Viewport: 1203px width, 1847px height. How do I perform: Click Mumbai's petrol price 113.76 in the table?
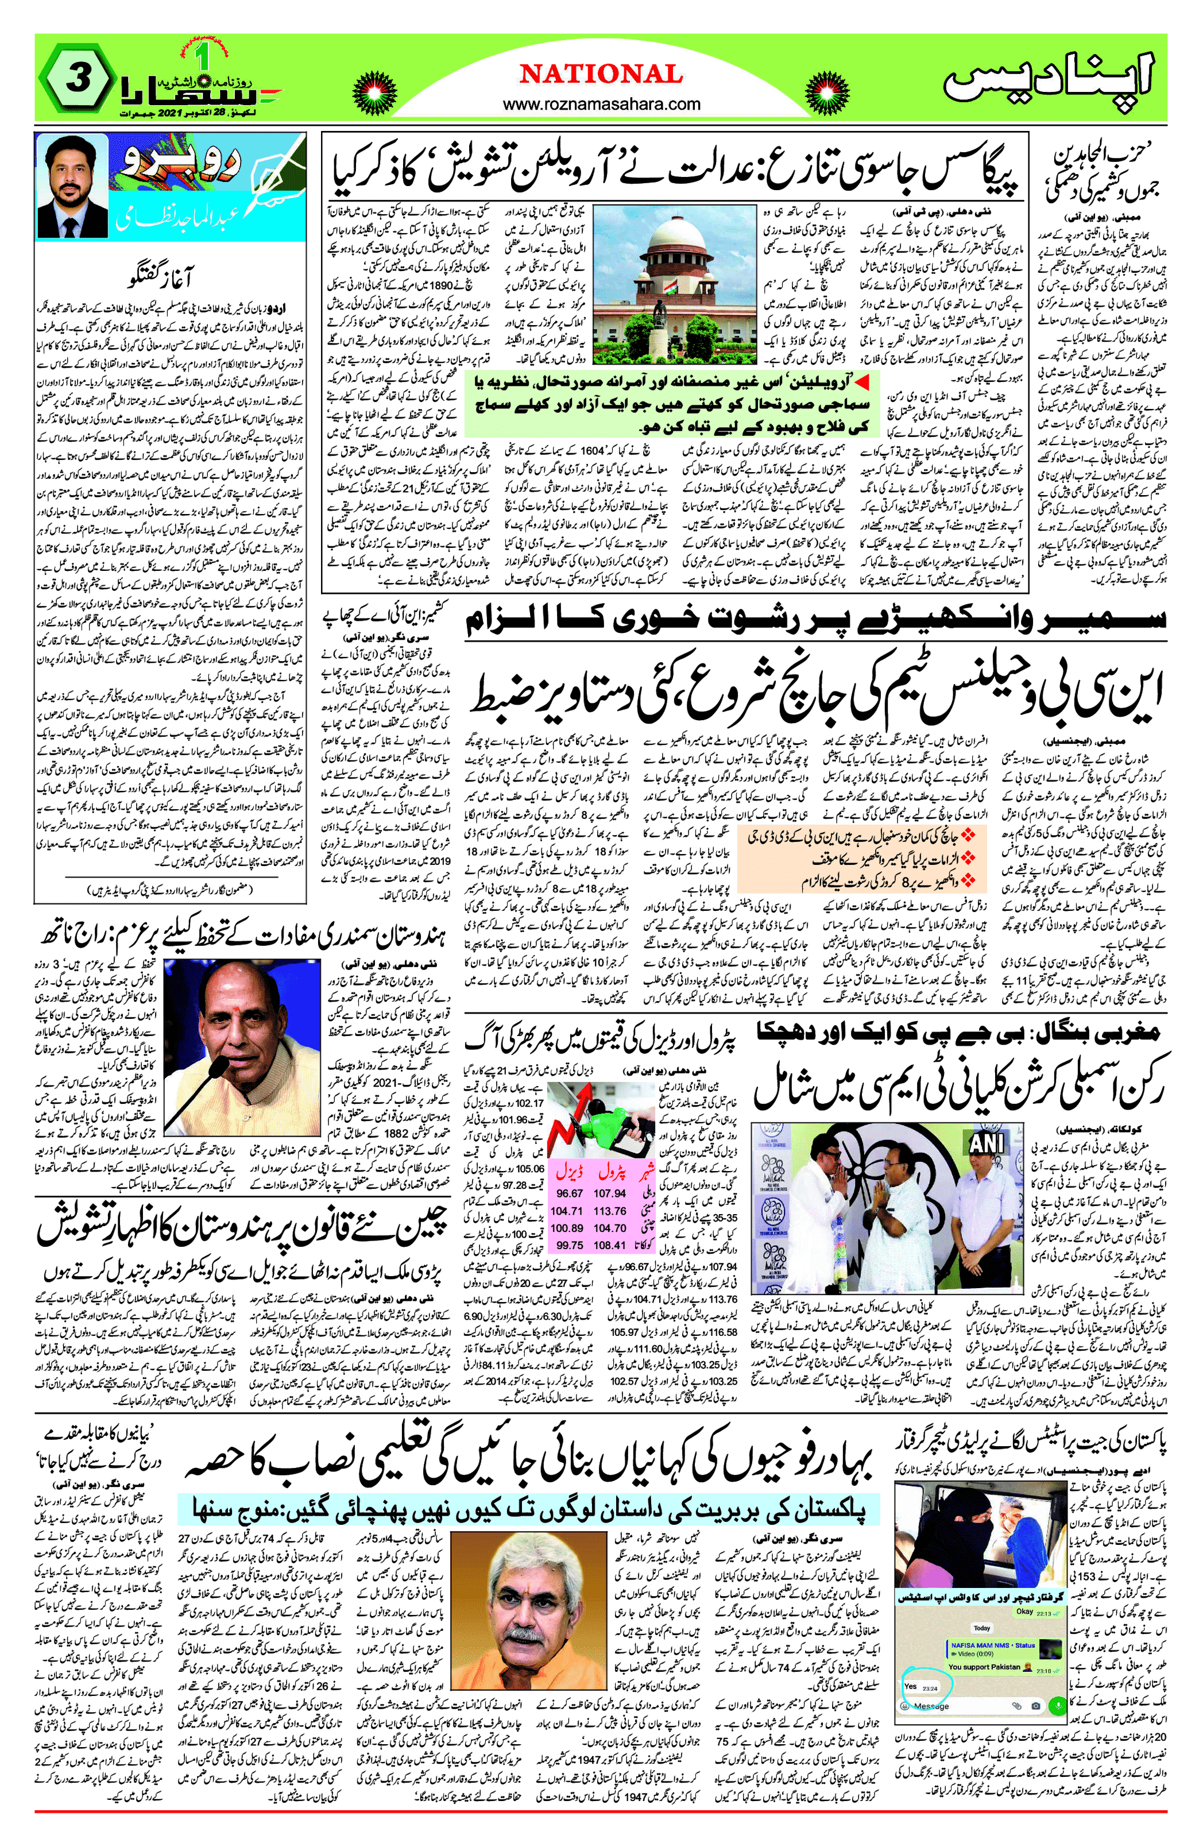coord(610,1211)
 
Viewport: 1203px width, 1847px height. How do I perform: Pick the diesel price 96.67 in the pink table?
coord(569,1193)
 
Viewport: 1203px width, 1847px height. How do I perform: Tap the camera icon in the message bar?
coord(1035,1706)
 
